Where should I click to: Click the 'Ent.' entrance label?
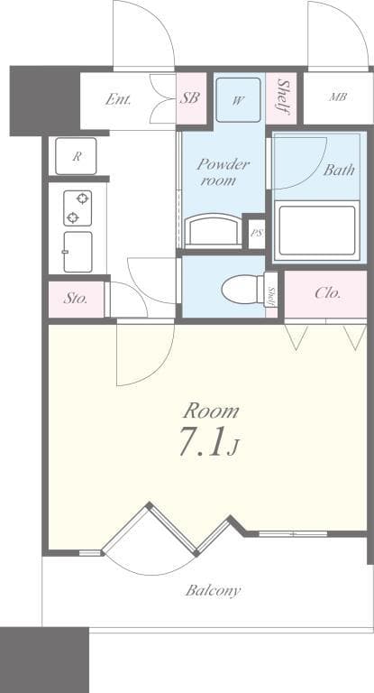point(118,99)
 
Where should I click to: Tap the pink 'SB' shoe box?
point(189,98)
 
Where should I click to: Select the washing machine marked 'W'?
point(238,100)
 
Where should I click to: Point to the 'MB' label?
point(338,97)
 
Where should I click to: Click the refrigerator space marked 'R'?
point(77,156)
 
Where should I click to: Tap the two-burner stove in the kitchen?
point(78,208)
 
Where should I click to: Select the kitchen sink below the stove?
point(78,251)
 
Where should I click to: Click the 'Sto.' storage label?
point(76,299)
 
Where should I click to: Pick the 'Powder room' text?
point(223,172)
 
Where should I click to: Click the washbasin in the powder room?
point(214,231)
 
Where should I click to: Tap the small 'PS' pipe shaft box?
point(256,233)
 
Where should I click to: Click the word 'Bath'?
point(339,169)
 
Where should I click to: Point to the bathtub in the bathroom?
point(317,230)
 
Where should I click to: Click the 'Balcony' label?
point(213,591)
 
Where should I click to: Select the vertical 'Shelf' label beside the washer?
point(283,97)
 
